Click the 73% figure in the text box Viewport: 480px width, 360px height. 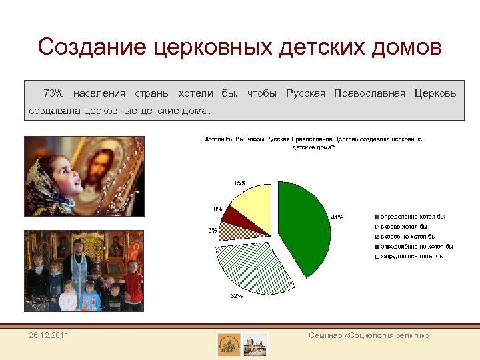[53, 93]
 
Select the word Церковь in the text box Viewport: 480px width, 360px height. [435, 93]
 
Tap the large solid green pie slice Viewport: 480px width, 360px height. [303, 227]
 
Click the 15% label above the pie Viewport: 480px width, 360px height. [239, 183]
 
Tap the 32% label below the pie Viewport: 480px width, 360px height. [236, 296]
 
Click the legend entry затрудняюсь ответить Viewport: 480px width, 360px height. [413, 255]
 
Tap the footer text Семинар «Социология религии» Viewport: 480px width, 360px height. [369, 335]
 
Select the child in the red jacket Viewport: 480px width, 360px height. [133, 283]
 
